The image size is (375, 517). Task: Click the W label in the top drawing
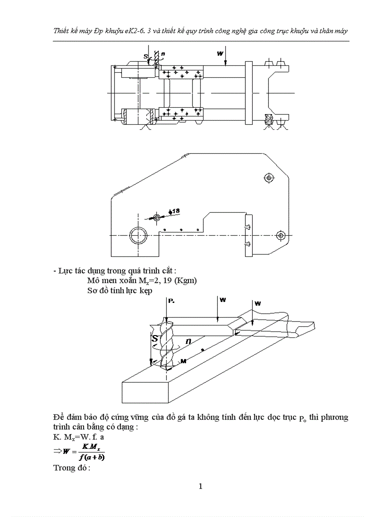[x=220, y=53]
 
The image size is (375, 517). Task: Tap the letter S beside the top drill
[x=146, y=57]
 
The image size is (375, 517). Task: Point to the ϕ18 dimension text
[x=175, y=211]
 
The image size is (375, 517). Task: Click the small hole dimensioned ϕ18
[x=157, y=216]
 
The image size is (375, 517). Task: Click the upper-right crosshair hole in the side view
[x=269, y=177]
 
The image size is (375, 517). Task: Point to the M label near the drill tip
[x=183, y=362]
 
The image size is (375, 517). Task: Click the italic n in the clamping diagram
[x=188, y=341]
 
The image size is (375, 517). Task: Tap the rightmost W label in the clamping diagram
[x=257, y=303]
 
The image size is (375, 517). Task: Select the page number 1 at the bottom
[x=201, y=487]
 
